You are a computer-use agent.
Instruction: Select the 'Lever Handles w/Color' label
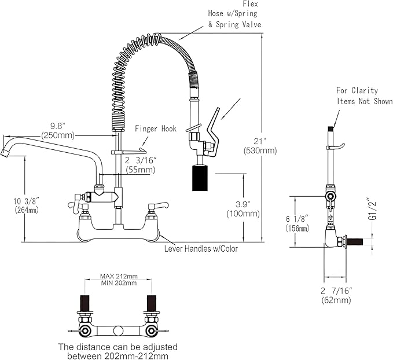tap(202, 249)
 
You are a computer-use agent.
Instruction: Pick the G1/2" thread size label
tap(372, 210)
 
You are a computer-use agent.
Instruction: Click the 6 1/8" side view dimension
tap(299, 218)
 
